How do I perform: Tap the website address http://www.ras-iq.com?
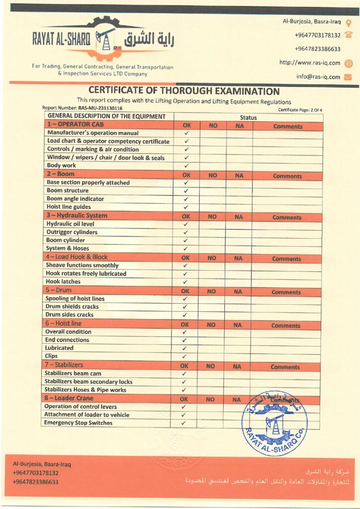309,63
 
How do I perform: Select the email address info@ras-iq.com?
318,77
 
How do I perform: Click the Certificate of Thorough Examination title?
184,91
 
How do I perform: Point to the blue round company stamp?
274,423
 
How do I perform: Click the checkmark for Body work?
186,166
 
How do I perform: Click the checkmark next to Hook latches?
185,282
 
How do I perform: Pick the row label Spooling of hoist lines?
75,299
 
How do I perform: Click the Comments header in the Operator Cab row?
287,126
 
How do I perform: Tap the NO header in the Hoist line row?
211,325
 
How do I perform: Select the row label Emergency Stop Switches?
78,423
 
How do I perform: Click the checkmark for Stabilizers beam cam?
184,374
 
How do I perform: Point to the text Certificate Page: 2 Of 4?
300,109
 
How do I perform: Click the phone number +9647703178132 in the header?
317,35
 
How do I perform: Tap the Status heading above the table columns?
248,118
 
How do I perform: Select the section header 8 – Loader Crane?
69,399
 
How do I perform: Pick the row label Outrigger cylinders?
72,232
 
